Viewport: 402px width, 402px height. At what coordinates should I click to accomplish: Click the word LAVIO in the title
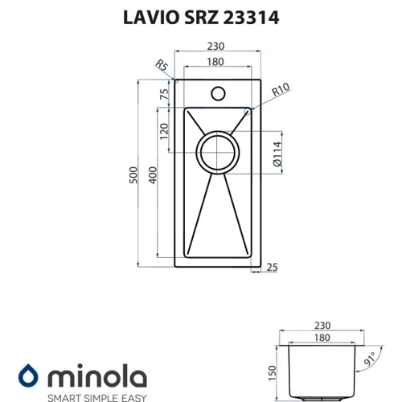pyautogui.click(x=151, y=18)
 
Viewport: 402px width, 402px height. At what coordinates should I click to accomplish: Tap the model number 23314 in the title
pyautogui.click(x=251, y=18)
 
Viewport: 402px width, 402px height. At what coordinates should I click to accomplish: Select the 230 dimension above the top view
pyautogui.click(x=215, y=47)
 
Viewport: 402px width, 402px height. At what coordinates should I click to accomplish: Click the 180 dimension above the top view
pyautogui.click(x=215, y=62)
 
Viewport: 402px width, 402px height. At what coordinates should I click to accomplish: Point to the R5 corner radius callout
pyautogui.click(x=162, y=65)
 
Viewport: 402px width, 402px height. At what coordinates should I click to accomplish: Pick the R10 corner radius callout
pyautogui.click(x=281, y=89)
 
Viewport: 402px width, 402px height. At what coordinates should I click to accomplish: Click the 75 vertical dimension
pyautogui.click(x=164, y=94)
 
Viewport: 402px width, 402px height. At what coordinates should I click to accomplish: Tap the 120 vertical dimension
pyautogui.click(x=164, y=131)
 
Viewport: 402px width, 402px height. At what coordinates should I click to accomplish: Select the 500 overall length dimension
pyautogui.click(x=133, y=175)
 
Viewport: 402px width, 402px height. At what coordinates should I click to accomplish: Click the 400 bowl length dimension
pyautogui.click(x=153, y=175)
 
